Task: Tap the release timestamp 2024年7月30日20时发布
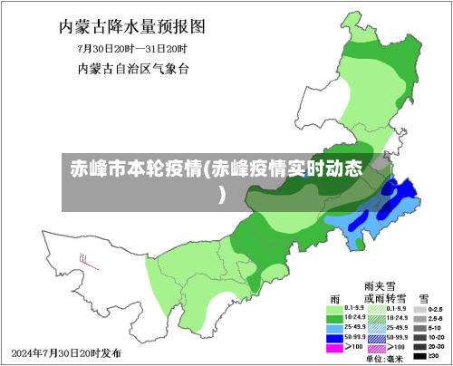coord(65,352)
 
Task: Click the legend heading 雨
coord(335,298)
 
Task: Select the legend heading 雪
coord(423,298)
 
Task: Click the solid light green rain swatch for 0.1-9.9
coord(334,309)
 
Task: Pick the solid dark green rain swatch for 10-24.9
coord(334,318)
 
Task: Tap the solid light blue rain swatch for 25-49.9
coord(334,327)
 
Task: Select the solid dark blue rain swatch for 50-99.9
coord(334,337)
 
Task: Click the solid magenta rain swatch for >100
coord(334,347)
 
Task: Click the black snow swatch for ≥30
coord(419,357)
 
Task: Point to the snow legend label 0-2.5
coord(437,310)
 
